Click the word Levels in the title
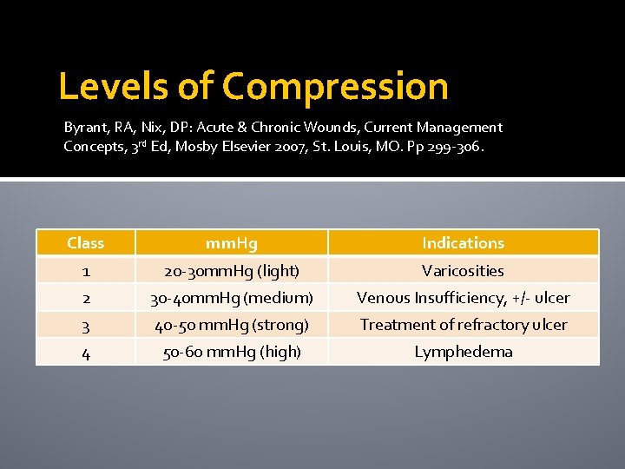[112, 87]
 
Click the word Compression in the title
[335, 87]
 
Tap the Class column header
[85, 243]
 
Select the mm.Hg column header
[231, 243]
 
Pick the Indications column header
[463, 243]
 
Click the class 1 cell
[85, 271]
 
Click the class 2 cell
[85, 298]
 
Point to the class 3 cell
[85, 326]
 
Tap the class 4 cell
[85, 353]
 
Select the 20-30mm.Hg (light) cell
[231, 271]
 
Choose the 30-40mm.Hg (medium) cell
[231, 298]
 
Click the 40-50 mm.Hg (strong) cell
[231, 325]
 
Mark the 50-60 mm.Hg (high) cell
[231, 352]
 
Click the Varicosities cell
[463, 271]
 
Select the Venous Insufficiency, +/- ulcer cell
[463, 298]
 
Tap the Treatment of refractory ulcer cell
[463, 325]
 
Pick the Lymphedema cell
[463, 352]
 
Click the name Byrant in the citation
[83, 128]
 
